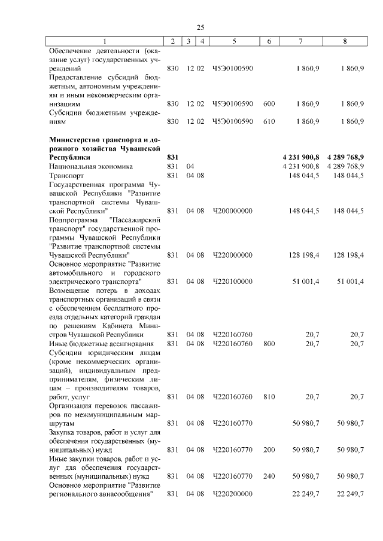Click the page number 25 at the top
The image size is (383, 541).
[x=200, y=27]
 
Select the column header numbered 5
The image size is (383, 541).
[x=233, y=41]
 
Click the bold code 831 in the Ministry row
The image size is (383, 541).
[x=172, y=157]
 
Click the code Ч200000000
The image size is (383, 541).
[x=233, y=211]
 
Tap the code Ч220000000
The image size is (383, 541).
[x=233, y=255]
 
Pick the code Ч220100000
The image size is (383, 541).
[x=233, y=281]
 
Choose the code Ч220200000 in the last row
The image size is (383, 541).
[x=233, y=494]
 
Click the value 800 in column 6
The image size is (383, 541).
[x=269, y=344]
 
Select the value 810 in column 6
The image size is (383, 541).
[x=269, y=396]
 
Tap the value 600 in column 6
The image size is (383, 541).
[x=269, y=104]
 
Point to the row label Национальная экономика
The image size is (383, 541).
[x=91, y=166]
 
